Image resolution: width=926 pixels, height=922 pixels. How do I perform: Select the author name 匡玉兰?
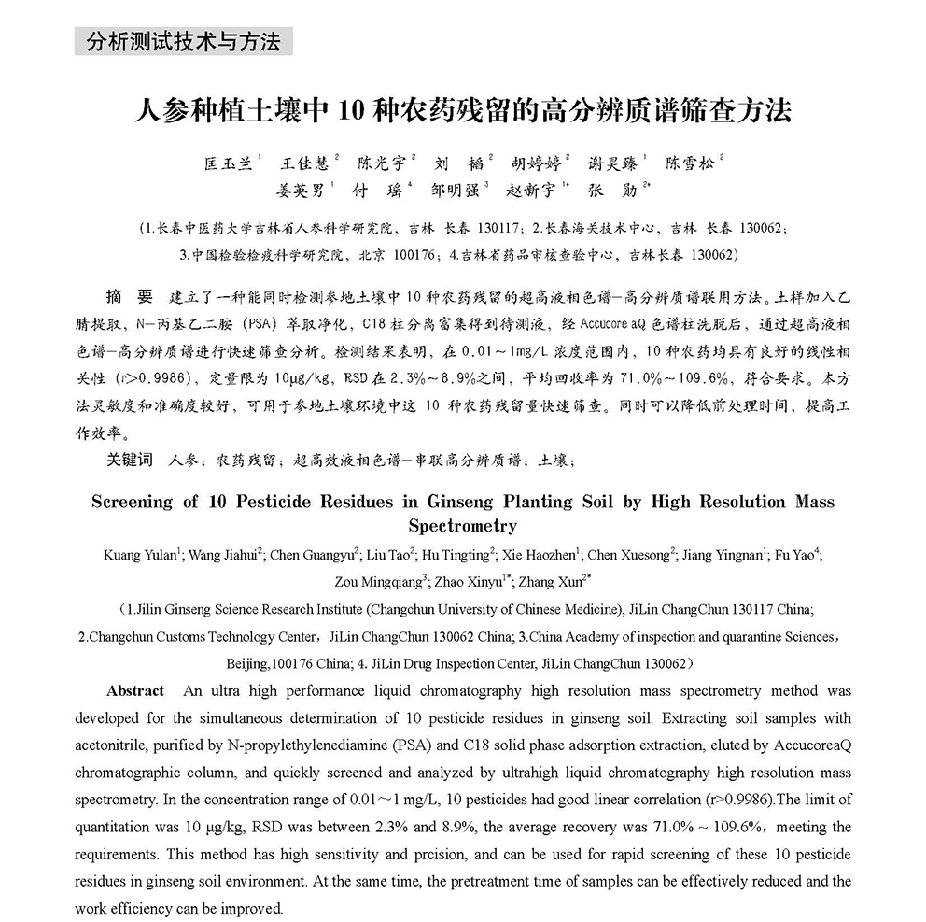coord(228,163)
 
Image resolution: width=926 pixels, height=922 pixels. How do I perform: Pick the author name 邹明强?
coord(454,190)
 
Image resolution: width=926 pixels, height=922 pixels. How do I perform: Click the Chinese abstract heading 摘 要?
coord(130,298)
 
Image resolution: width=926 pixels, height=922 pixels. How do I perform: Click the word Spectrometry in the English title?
coord(462,526)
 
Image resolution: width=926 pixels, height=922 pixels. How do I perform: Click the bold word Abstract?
coord(135,691)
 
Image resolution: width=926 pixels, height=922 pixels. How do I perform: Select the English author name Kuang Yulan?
coord(140,554)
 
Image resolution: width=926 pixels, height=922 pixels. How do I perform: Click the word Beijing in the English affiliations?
coord(247,664)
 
